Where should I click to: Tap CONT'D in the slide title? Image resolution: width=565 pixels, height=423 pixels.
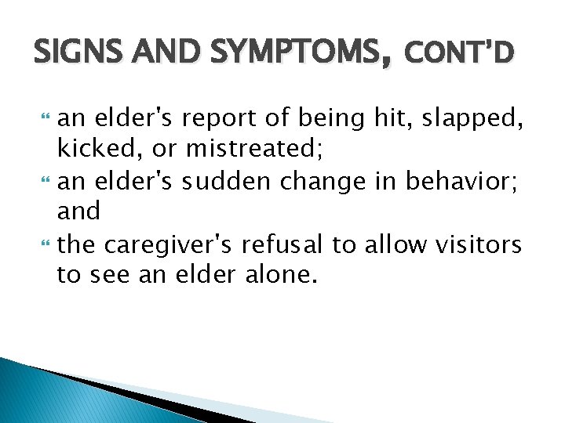460,53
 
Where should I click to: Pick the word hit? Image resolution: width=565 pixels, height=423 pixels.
395,119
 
